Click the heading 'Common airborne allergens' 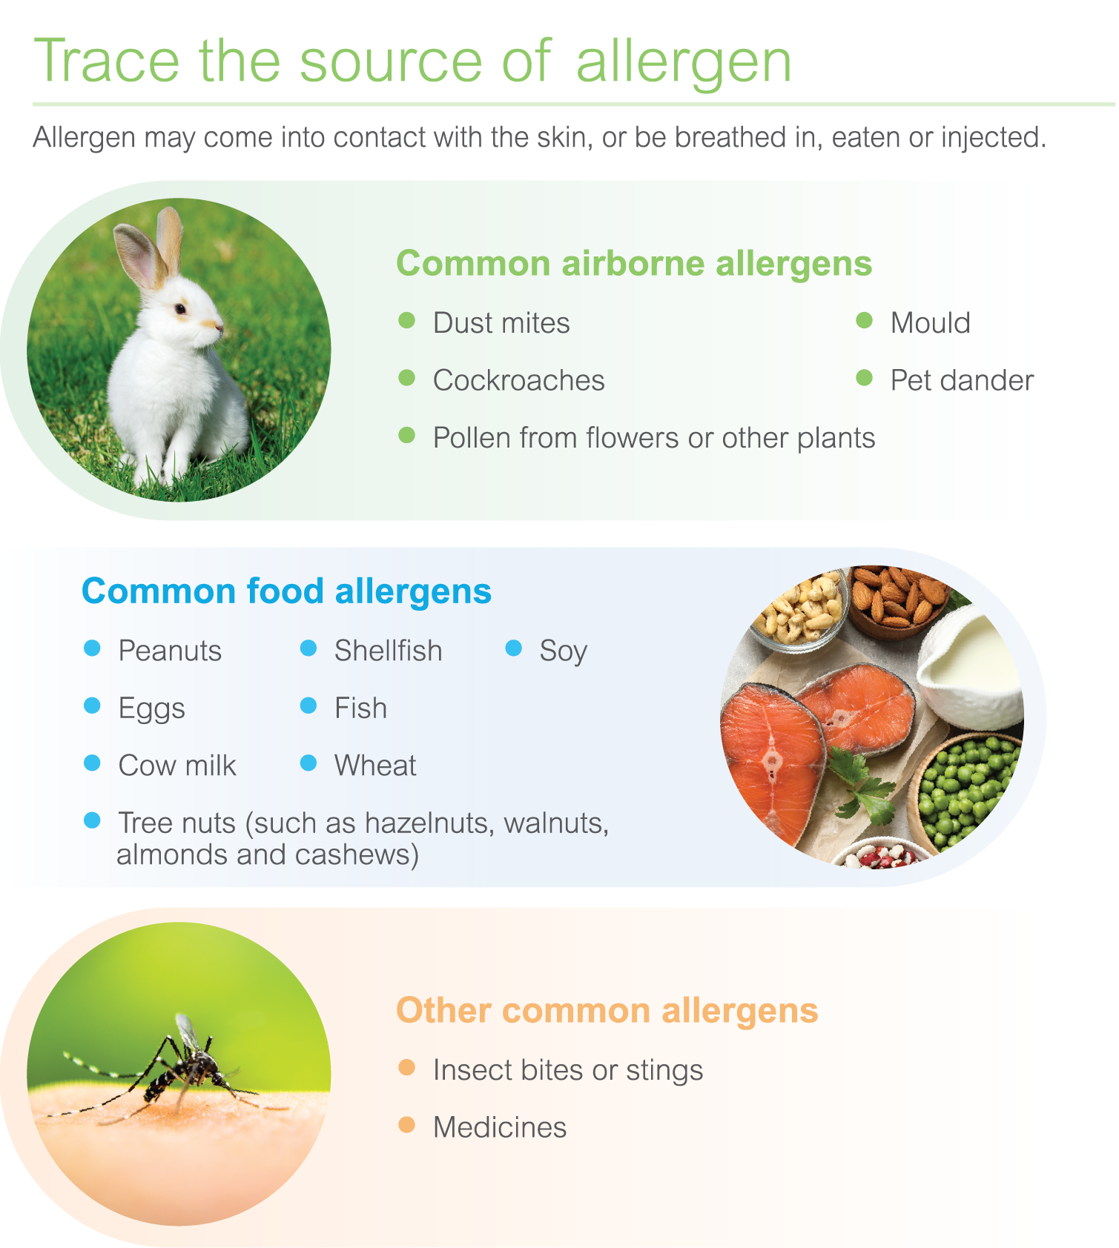point(634,263)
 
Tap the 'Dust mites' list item point(501,323)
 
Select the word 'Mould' point(931,323)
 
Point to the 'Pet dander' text point(962,380)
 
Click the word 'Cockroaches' point(519,380)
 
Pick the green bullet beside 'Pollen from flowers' point(406,435)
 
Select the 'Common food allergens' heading point(286,591)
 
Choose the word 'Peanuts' point(171,651)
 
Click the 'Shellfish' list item point(388,651)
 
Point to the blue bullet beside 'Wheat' point(308,763)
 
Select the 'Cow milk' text point(177,766)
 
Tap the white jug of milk point(969,671)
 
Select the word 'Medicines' point(500,1127)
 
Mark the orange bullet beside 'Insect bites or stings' point(406,1067)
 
